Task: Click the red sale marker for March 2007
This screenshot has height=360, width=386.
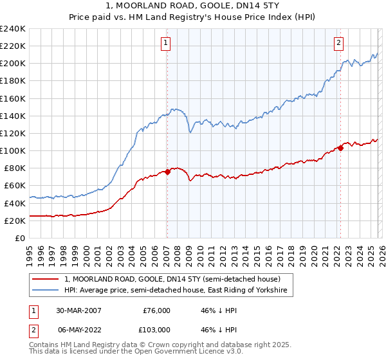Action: click(x=167, y=172)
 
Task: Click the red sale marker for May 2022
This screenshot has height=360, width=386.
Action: click(x=340, y=148)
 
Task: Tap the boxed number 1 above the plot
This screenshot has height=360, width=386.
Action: click(x=166, y=43)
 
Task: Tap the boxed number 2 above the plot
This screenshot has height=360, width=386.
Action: click(x=338, y=43)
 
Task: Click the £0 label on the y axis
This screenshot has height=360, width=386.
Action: click(x=20, y=238)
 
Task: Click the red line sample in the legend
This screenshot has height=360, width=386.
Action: click(x=46, y=280)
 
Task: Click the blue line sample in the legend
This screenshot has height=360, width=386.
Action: click(x=46, y=291)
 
